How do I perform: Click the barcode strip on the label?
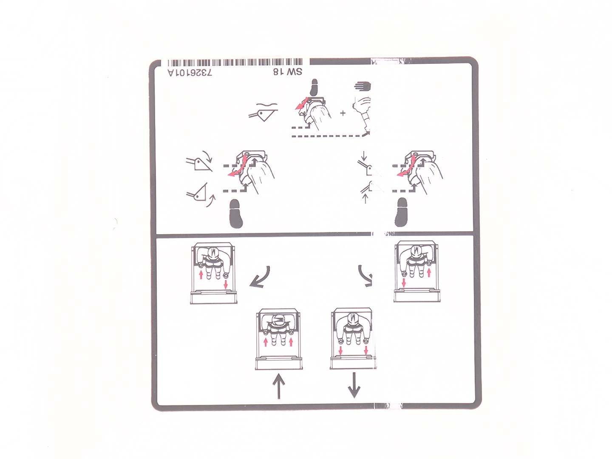[235, 62]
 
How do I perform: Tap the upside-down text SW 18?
[287, 72]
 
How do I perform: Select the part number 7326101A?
[190, 73]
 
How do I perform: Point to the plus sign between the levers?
[343, 113]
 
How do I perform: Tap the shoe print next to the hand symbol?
[314, 87]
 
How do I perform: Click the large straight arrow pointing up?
[279, 386]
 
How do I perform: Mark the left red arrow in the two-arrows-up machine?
[266, 342]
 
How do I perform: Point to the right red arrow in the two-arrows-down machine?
[366, 350]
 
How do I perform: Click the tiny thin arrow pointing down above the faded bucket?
[363, 156]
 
